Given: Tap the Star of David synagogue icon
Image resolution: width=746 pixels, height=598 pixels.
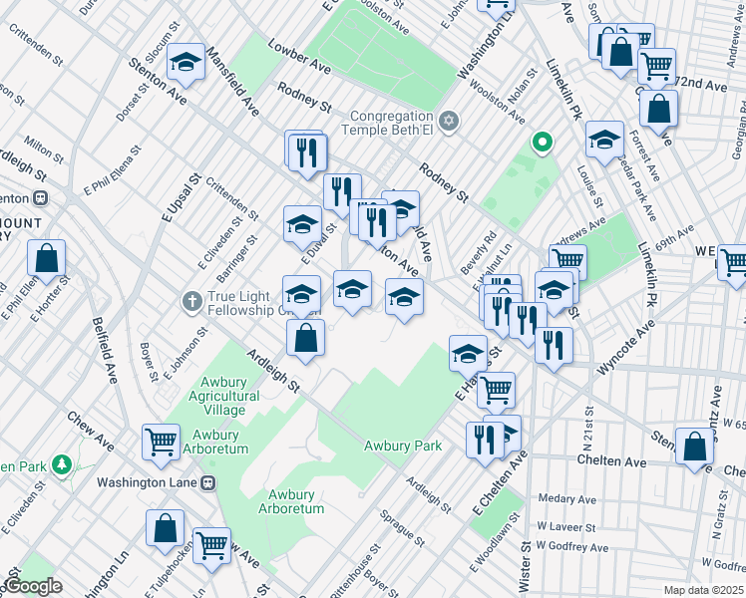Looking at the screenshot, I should tap(449, 121).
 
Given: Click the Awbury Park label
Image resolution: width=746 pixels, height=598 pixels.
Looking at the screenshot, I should tap(402, 446).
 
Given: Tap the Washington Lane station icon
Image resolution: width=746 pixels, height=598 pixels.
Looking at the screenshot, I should tap(208, 482).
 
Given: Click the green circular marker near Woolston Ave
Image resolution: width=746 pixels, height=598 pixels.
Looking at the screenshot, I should tap(542, 144).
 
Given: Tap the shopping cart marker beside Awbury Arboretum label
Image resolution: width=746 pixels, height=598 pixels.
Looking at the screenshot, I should tap(161, 441).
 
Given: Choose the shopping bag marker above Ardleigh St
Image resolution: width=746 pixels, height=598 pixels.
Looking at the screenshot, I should tap(306, 339).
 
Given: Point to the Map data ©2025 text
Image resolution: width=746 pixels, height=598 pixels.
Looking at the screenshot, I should tap(703, 590).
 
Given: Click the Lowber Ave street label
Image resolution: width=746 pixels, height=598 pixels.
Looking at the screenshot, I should tap(299, 57).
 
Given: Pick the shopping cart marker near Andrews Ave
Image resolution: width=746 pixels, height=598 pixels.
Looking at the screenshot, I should tap(567, 262).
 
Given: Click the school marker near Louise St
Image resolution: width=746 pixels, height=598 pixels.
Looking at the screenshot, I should tap(604, 141).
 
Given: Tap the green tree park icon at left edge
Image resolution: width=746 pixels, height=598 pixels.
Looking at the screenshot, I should tap(62, 464).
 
